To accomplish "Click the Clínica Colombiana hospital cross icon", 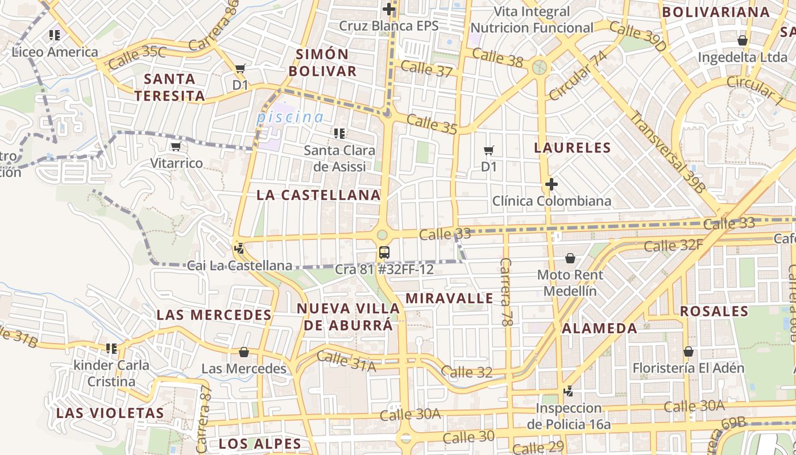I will [x=551, y=184].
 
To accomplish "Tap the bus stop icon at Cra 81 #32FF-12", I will [x=384, y=252].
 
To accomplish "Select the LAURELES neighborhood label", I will [x=572, y=148].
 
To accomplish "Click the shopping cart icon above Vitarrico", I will [x=176, y=147].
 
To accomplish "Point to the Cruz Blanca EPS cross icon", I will [x=389, y=9].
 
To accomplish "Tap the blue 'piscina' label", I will [x=290, y=117].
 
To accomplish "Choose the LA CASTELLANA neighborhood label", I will [x=318, y=195].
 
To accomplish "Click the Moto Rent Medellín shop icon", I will [x=570, y=259].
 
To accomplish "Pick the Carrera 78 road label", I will [x=505, y=291].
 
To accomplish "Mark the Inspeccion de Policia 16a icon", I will [x=567, y=391].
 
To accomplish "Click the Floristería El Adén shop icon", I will [x=688, y=351].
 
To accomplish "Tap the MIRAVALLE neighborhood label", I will [x=449, y=298].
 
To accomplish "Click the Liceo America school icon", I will [x=55, y=35].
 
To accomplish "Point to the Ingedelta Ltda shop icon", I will [x=742, y=40].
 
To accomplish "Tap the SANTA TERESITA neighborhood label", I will [x=169, y=87].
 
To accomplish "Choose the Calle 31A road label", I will [x=346, y=362].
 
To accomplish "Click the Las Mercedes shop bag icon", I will [x=244, y=352].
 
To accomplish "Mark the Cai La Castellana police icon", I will [x=239, y=248].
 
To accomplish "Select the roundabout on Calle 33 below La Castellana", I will [x=382, y=234].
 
